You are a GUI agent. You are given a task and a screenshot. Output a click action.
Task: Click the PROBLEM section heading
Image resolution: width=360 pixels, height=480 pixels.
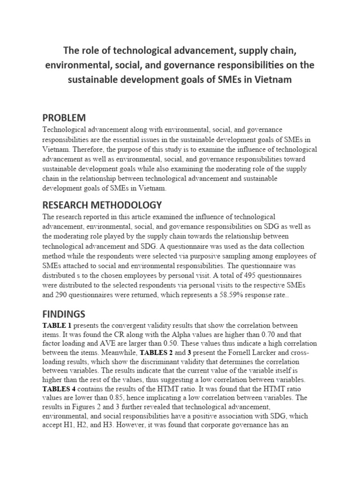[x=64, y=118]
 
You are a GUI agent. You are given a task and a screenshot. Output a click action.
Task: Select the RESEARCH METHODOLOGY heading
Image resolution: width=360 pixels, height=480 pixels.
[x=102, y=205]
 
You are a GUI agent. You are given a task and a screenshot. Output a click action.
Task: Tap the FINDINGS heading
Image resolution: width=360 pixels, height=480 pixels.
[x=64, y=313]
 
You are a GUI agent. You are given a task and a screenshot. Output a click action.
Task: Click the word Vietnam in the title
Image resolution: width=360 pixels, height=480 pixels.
[x=274, y=79]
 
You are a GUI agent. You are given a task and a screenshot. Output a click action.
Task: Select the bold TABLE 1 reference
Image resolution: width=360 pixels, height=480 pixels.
[x=57, y=325]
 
